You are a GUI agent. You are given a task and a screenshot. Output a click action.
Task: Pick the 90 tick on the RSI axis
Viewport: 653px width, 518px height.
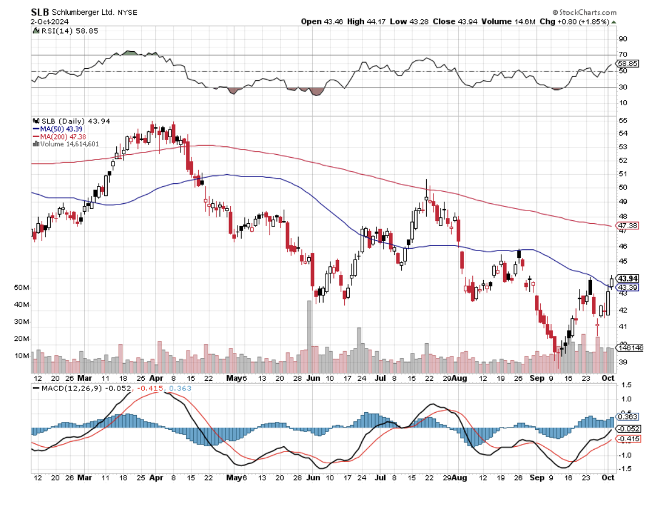coord(623,39)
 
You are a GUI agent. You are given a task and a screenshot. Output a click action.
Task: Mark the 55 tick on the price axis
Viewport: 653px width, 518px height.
coord(623,121)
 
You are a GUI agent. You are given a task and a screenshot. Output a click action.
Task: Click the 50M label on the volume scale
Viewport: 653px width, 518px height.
coord(22,288)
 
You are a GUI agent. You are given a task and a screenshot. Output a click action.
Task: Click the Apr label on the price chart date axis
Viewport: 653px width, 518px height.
coord(156,377)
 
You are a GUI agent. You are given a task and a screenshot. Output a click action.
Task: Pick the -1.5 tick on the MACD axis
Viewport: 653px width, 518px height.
coord(625,468)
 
